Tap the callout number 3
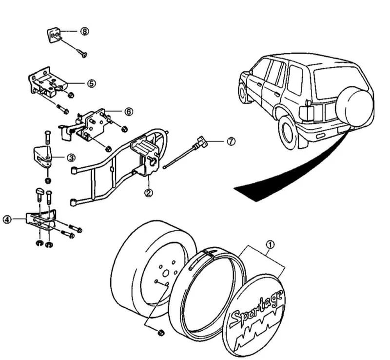[x=71, y=158]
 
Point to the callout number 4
[x=7, y=220]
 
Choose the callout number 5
[x=91, y=83]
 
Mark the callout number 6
[x=128, y=112]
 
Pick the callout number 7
[x=231, y=141]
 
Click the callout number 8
[x=85, y=32]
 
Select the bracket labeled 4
[x=41, y=219]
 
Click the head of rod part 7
[x=201, y=143]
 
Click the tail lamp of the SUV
[x=306, y=111]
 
